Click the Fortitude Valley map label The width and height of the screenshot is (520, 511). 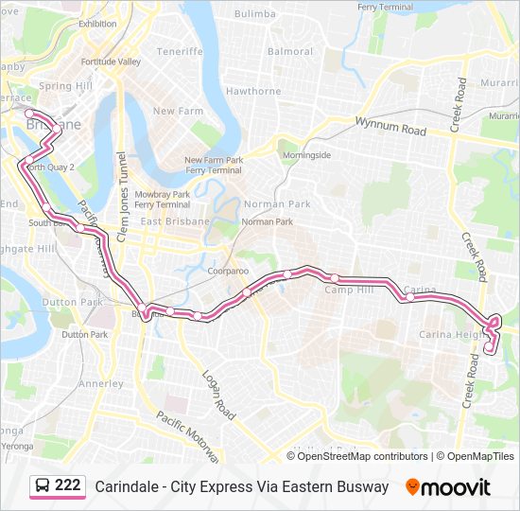pyautogui.click(x=111, y=62)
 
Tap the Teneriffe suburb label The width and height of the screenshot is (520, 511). pyautogui.click(x=180, y=51)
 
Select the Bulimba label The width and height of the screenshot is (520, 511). pyautogui.click(x=254, y=14)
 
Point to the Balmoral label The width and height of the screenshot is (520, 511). pyautogui.click(x=290, y=51)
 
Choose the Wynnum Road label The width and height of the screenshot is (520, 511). pyautogui.click(x=390, y=127)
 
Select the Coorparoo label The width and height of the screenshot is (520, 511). pyautogui.click(x=228, y=271)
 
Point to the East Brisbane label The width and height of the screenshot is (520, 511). pyautogui.click(x=175, y=221)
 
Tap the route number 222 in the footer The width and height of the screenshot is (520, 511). pyautogui.click(x=67, y=485)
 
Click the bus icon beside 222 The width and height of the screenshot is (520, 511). pyautogui.click(x=43, y=486)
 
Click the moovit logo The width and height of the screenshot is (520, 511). pyautogui.click(x=448, y=487)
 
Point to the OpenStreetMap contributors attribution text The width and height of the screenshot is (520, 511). pyautogui.click(x=363, y=456)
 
